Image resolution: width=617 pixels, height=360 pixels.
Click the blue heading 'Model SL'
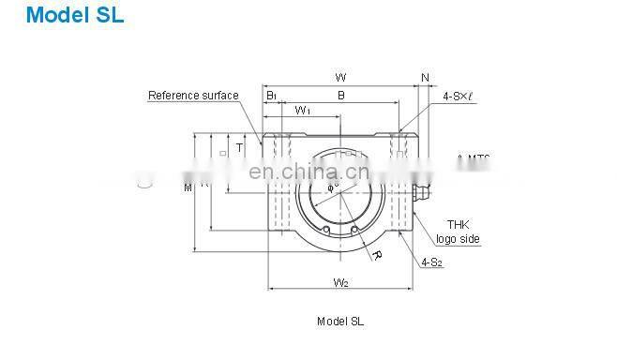[62, 16]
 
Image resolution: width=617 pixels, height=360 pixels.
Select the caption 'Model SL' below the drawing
[340, 321]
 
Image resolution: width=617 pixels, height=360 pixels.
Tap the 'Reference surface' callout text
[193, 96]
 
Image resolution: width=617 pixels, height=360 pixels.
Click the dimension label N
[425, 77]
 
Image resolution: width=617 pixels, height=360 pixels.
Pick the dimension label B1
[271, 96]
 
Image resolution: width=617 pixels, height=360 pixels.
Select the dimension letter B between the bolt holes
[340, 96]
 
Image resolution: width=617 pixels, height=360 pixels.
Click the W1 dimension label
[303, 112]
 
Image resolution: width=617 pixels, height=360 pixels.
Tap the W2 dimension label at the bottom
[340, 281]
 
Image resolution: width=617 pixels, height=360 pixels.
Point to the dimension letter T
[239, 147]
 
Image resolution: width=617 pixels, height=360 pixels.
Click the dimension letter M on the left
[188, 187]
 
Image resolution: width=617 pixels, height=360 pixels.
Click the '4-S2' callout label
[431, 262]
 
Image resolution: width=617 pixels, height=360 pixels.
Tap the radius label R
[376, 254]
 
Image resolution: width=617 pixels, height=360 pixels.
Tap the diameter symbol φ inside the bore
[331, 187]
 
